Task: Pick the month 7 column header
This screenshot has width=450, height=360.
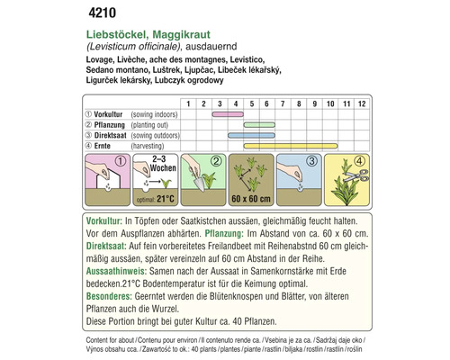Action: (x=278, y=105)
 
